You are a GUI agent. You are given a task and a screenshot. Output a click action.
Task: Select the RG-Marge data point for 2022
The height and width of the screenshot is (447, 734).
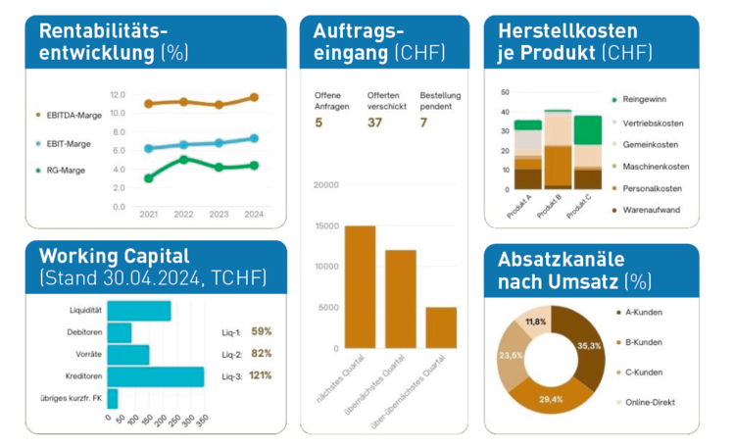(x=183, y=159)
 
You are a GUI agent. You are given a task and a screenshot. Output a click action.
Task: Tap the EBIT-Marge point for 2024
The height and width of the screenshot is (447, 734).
(x=254, y=138)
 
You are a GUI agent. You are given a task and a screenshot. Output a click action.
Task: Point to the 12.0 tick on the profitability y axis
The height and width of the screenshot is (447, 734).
(x=118, y=94)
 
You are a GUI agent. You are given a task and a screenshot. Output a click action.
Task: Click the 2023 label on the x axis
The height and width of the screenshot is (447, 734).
(x=219, y=215)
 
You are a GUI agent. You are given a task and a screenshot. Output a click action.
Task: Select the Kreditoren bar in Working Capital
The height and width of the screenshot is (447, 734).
(x=156, y=376)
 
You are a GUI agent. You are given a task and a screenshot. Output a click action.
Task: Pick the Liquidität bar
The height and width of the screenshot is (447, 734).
(x=139, y=311)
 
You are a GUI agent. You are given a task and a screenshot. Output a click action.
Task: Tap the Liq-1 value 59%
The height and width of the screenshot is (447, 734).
(x=262, y=331)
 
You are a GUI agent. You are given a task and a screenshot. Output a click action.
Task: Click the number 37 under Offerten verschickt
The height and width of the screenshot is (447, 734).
(x=375, y=123)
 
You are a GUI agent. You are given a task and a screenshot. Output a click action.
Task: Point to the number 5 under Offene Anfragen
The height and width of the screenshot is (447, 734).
(x=318, y=123)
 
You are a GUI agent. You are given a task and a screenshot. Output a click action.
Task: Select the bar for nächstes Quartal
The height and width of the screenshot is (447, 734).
(x=333, y=286)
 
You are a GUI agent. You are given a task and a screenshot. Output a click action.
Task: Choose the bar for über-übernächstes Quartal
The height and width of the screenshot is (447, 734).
(x=441, y=327)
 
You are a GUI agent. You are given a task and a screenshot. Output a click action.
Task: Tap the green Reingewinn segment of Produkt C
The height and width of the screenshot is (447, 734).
(x=588, y=129)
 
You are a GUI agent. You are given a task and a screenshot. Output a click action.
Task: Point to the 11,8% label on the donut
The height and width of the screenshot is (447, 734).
(x=536, y=322)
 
